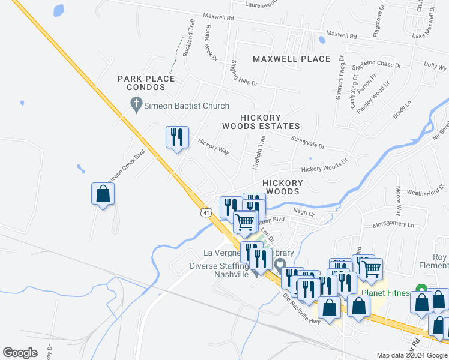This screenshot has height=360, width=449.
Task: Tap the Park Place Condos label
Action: point(146,83)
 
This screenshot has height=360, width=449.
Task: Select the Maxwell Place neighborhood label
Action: point(291,59)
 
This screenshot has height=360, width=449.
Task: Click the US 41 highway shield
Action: point(206,213)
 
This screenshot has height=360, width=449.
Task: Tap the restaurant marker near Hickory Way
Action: point(177,138)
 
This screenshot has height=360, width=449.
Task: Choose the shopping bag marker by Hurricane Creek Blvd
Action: point(103,194)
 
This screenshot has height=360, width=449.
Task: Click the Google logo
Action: point(20,353)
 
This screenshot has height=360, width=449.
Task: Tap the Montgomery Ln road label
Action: point(393,224)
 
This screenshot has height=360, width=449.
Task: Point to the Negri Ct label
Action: point(304,212)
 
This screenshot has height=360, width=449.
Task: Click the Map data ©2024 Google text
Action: point(412,355)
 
